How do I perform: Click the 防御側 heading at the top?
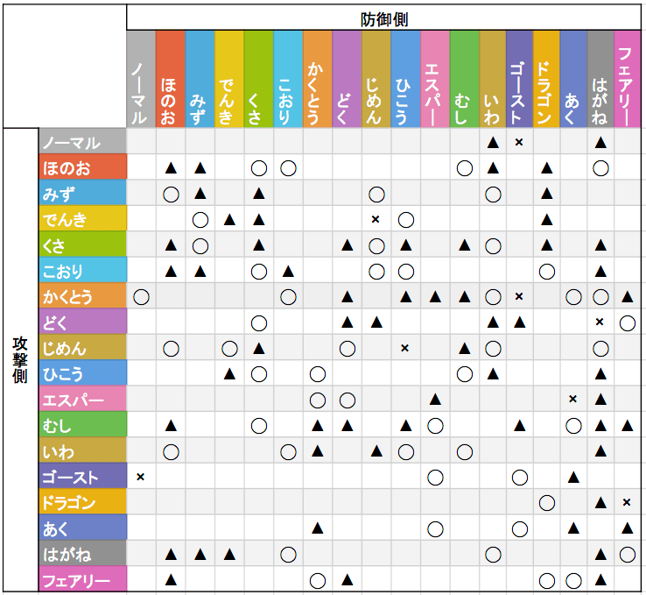coord(384,18)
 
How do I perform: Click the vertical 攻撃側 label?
coord(19,360)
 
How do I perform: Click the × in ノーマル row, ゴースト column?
coord(519,141)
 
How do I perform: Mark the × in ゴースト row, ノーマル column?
coord(141,477)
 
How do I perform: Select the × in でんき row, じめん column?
coord(376,218)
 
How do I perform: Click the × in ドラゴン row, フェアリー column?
coord(627,503)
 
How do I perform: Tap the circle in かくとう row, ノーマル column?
coord(141,296)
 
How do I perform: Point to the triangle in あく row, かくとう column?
coord(318,528)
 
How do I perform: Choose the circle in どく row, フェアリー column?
coord(627,322)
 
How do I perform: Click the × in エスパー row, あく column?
coord(572,400)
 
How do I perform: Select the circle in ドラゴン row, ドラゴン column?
coord(546,503)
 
